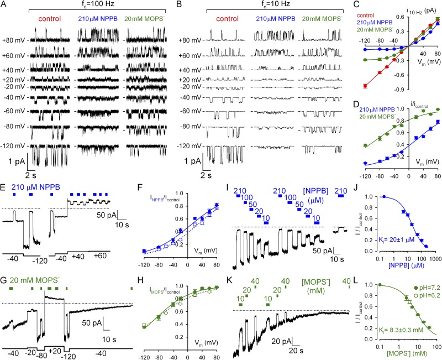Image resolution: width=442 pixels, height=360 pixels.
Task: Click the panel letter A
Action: tap(4, 4)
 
